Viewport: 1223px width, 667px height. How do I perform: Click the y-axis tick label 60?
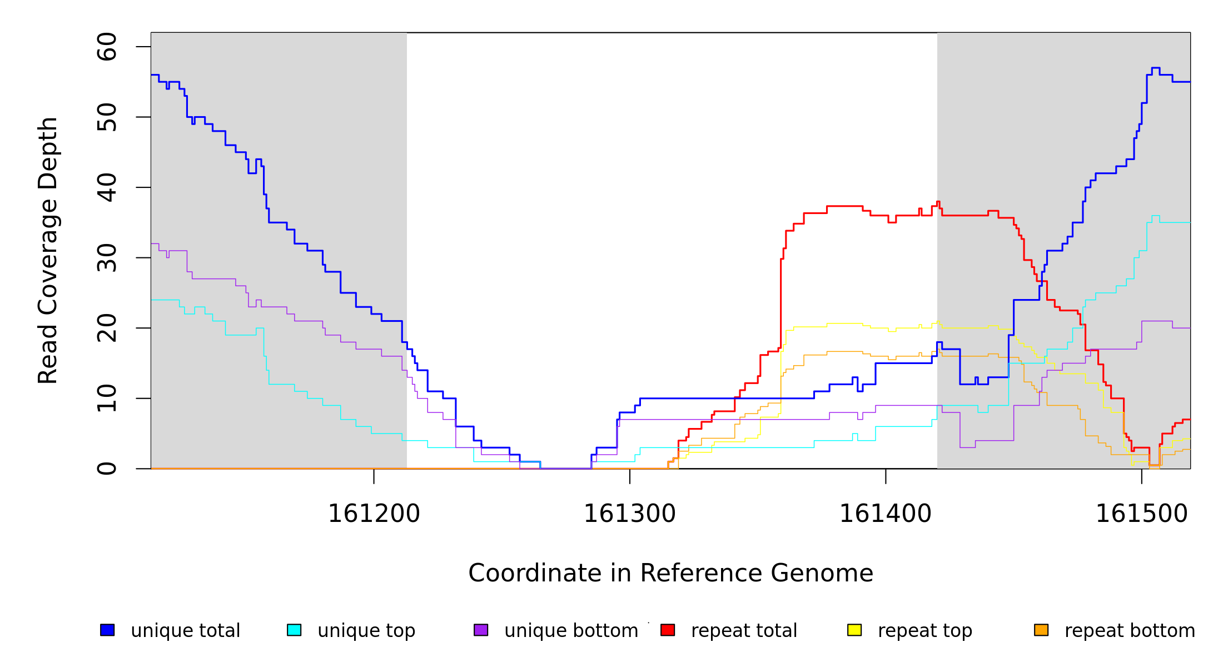107,47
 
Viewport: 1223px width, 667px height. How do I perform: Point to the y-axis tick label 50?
107,117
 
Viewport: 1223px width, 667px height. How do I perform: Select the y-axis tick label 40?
107,187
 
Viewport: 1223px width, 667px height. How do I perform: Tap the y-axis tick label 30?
107,257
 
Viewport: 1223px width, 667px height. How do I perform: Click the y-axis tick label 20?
107,328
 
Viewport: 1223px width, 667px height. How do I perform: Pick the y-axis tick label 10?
107,398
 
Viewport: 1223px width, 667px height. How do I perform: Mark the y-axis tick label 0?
107,469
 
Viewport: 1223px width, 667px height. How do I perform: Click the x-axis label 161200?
374,514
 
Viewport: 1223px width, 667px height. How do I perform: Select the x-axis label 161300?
630,514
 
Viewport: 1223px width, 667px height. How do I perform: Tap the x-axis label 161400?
886,514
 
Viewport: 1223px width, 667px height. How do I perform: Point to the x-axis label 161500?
1142,514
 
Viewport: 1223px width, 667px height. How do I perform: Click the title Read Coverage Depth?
48,250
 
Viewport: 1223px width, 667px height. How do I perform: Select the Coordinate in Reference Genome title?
670,574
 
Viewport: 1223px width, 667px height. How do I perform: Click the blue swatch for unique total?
107,630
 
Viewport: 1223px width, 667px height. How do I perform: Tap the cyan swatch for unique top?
294,630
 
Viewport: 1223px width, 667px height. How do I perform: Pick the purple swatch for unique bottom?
481,630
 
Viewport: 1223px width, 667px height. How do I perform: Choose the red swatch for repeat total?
668,630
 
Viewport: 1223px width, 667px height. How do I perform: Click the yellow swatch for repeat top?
854,630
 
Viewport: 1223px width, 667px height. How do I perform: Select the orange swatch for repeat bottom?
1041,630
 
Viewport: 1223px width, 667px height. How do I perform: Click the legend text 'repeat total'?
744,631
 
